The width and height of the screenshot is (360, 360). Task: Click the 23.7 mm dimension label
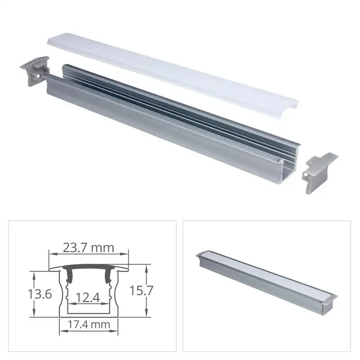click(88, 247)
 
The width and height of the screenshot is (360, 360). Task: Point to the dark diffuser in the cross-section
click(88, 267)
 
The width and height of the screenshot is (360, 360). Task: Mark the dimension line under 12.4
click(88, 304)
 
